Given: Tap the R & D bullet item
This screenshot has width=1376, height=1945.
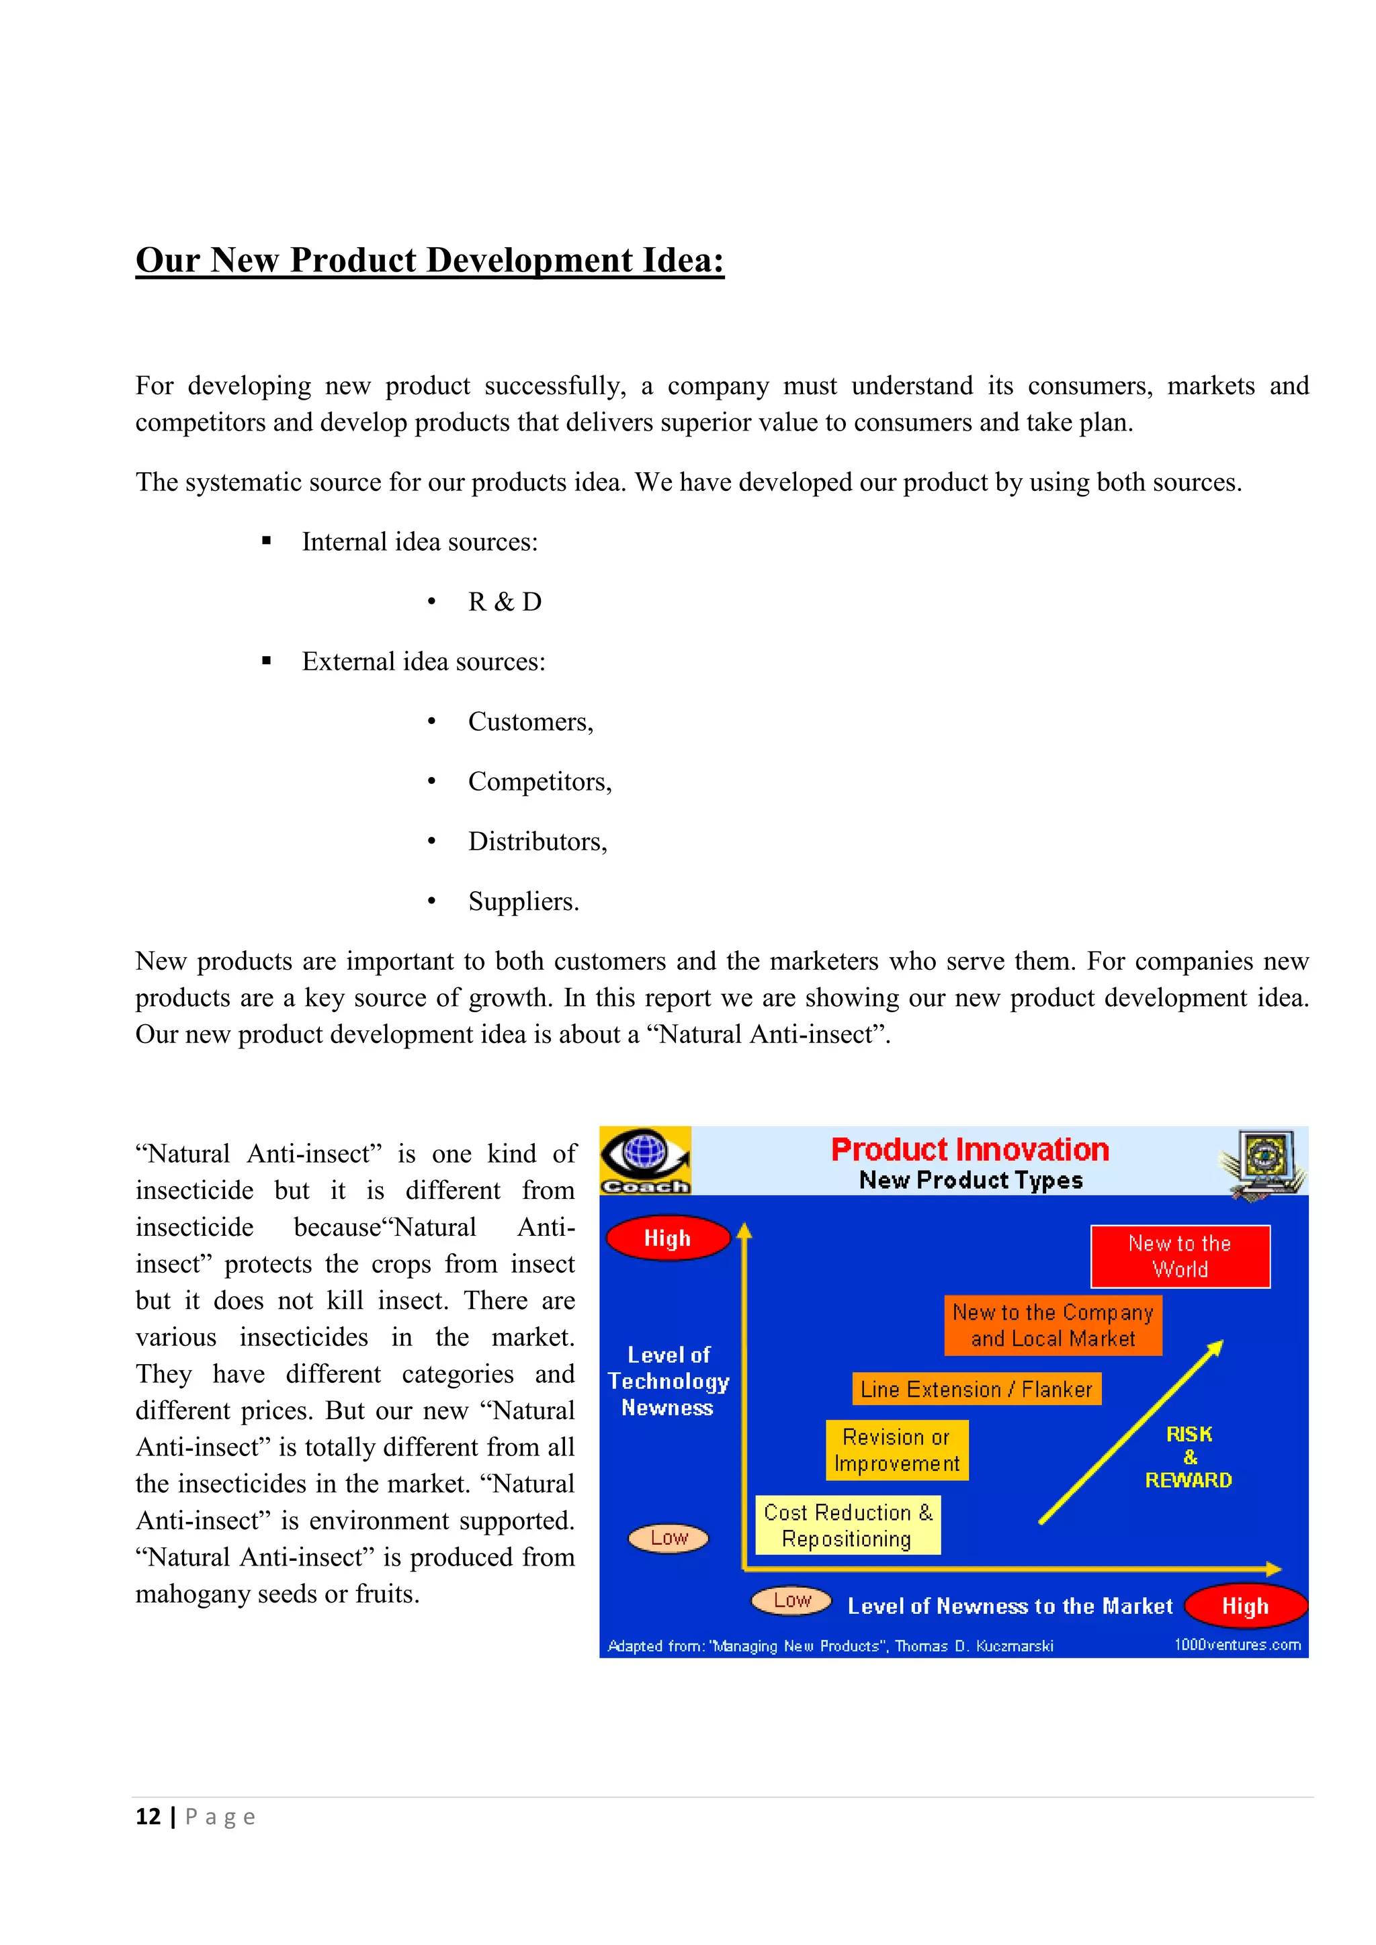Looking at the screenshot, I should (505, 602).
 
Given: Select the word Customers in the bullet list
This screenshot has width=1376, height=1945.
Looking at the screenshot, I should (529, 722).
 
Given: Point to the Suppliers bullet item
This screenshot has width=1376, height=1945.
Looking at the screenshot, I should (523, 901).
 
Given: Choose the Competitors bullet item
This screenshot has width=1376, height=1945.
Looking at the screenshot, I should (540, 782).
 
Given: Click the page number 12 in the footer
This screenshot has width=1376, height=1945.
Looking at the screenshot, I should (148, 1817).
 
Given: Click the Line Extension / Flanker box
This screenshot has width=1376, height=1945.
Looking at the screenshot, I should (976, 1390).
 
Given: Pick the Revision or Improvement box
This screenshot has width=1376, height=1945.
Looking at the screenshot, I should (896, 1450).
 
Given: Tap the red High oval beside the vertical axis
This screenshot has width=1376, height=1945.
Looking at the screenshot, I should (668, 1238).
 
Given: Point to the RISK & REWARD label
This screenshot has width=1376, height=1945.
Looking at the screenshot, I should (1189, 1457).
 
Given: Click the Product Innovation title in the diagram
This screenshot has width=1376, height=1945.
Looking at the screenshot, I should (970, 1150).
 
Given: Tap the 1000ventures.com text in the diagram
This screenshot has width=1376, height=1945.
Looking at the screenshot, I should (1236, 1644).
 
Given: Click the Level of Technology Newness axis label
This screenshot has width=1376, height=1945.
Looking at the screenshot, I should (668, 1381).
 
